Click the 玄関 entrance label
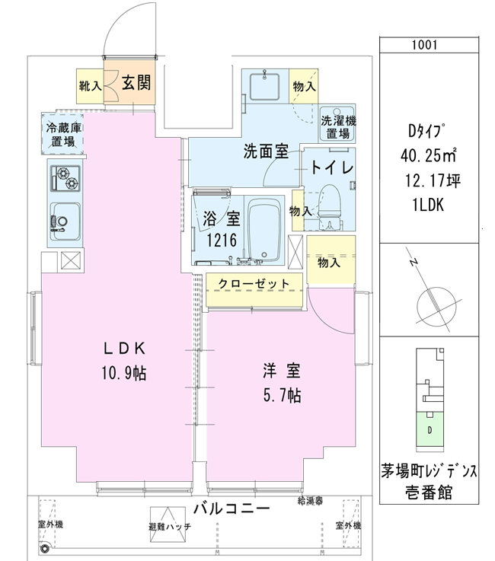coord(136,83)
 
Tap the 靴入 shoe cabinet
coord(90,86)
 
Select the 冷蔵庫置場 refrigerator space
coord(63,134)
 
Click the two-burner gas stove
coord(65,178)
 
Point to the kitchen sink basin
coord(65,222)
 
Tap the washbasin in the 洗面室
coord(265,86)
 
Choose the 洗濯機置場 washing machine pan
coord(337,123)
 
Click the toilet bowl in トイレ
coord(330,203)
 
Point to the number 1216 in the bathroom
coord(222,240)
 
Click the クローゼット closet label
coord(254,284)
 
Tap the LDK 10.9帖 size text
coord(124,373)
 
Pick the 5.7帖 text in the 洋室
coord(282,396)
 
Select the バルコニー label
coord(232,508)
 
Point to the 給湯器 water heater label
coord(310,501)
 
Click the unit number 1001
coord(424,45)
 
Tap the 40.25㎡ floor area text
coord(429,155)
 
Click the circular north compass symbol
coord(436,306)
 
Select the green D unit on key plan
coord(430,429)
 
